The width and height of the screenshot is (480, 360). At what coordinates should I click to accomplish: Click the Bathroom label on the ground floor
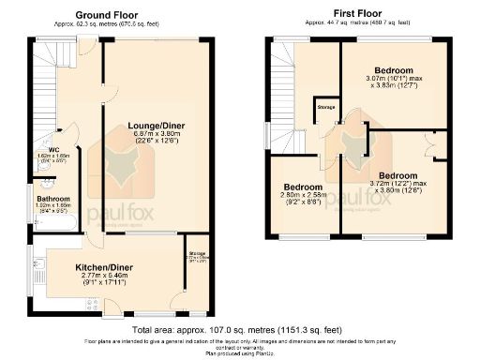tap(53, 199)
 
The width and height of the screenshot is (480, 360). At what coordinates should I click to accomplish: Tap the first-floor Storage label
tap(326, 107)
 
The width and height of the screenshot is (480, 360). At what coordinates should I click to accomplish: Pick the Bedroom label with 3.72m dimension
tap(398, 174)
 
